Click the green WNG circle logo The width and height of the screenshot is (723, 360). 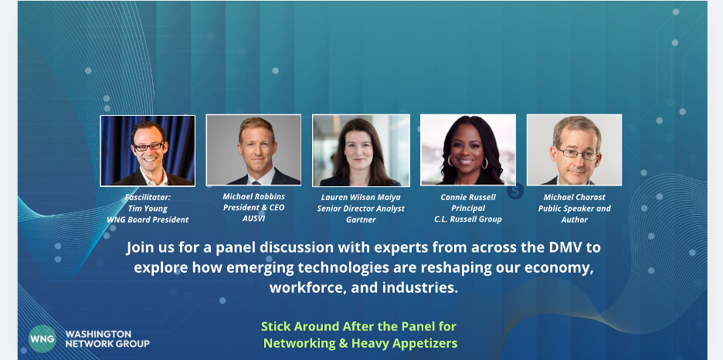[x=42, y=339]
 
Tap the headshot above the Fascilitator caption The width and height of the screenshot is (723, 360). [x=148, y=151]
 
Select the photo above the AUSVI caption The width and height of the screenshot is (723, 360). [x=253, y=151]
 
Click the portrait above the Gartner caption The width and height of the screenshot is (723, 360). [x=361, y=151]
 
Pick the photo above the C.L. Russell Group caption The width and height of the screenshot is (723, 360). [x=468, y=151]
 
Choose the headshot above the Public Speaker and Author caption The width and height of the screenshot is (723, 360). [x=575, y=151]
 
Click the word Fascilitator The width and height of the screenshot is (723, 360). [x=148, y=197]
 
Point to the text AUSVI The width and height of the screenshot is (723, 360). [x=253, y=219]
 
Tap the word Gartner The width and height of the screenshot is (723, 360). [x=361, y=220]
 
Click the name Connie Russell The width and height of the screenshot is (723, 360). [x=468, y=197]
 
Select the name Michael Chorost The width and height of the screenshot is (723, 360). [x=575, y=197]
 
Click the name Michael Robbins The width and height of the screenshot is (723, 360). [x=253, y=196]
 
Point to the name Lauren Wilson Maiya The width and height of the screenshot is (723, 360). [x=361, y=197]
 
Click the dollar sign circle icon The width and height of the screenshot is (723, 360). [x=515, y=191]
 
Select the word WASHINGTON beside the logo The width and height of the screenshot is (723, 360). [x=98, y=335]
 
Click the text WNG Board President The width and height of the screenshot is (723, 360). [x=148, y=220]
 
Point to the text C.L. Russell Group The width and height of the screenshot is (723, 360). [x=468, y=219]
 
